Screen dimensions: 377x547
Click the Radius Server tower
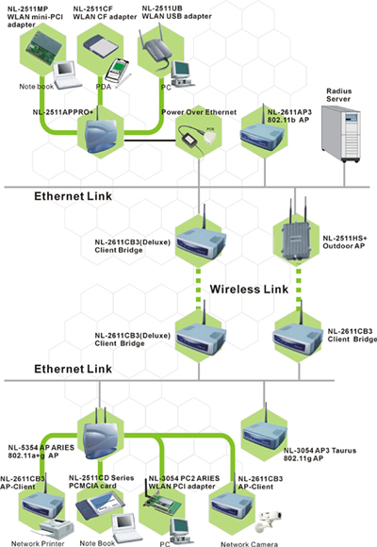pos(341,133)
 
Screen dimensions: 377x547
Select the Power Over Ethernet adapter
pos(197,139)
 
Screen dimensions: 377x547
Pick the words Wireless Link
pos(249,289)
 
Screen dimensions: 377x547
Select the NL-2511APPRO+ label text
pos(63,112)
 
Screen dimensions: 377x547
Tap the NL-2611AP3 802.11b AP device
pos(262,134)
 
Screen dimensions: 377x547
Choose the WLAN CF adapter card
pos(99,45)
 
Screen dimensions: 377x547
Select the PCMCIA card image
pos(94,506)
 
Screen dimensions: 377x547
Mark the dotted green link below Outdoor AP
pos(299,289)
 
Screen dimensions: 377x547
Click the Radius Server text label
pos(338,95)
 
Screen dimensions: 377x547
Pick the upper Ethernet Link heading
pos(73,196)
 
